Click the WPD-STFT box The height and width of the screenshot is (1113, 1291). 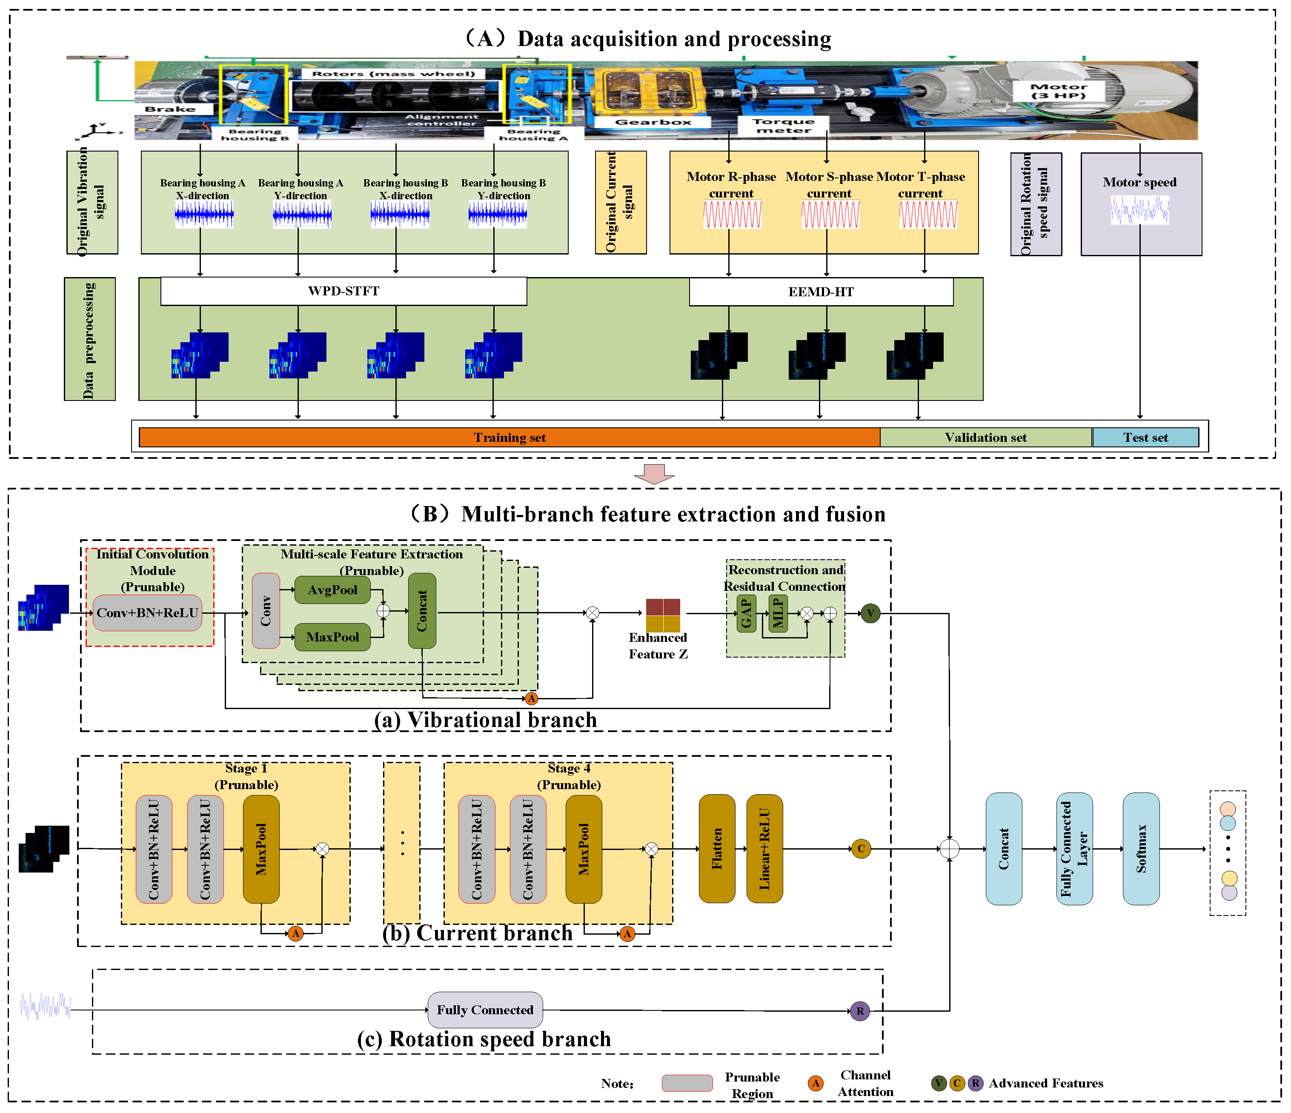344,291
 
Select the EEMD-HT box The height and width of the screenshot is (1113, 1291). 821,292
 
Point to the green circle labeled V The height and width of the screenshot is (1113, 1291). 870,613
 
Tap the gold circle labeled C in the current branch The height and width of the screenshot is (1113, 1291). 861,848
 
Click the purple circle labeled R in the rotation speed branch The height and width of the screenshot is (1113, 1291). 860,1011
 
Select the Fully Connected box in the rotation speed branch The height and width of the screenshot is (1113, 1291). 485,1010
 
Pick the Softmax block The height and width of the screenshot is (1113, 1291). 1141,848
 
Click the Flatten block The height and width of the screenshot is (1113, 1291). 717,848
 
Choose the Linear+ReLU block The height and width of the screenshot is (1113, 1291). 764,848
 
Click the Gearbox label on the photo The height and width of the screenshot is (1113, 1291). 653,122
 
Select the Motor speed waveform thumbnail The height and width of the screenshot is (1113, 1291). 1139,210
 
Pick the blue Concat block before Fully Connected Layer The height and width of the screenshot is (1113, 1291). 1004,848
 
